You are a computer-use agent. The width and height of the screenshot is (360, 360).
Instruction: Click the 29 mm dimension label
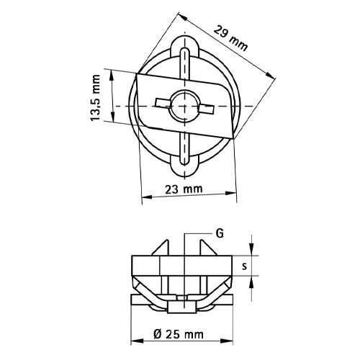pos(230,38)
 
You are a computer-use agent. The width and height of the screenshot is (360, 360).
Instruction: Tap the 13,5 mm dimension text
pos(96,98)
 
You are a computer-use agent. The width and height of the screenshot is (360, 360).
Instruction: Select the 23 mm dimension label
pos(184,189)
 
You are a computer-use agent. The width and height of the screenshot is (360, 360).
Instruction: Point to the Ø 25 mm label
pos(179,334)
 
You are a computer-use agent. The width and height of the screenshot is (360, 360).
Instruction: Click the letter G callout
pos(220,233)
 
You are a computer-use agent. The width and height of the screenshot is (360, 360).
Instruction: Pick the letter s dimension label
pos(244,266)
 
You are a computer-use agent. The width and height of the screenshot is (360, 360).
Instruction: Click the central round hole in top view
pos(184,106)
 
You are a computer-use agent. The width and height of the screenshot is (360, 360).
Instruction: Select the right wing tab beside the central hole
pos(206,109)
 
